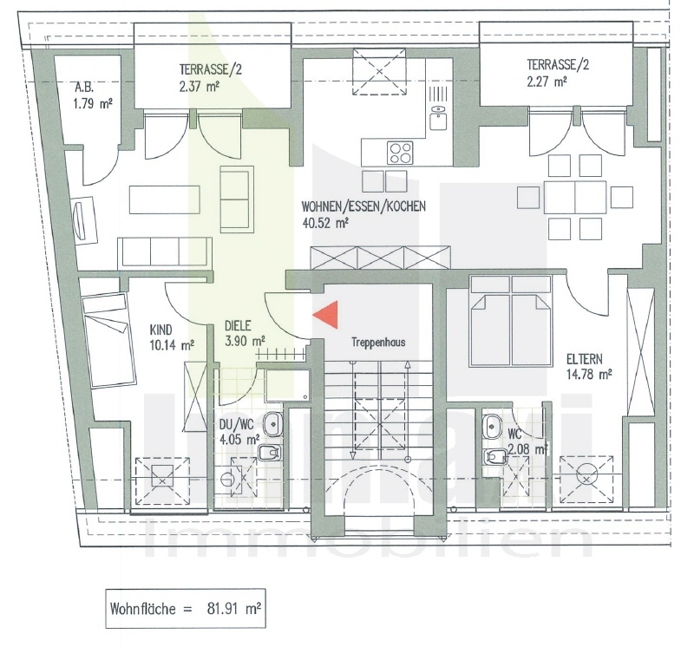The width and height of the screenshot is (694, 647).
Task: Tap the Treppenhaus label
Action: click(378, 342)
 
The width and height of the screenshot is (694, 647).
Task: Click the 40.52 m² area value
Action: click(324, 223)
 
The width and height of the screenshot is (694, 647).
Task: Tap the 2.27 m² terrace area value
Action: click(546, 82)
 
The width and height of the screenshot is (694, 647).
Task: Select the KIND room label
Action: click(161, 330)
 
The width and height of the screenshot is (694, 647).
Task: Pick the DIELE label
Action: click(238, 326)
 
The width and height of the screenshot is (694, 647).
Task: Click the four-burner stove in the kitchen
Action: click(400, 153)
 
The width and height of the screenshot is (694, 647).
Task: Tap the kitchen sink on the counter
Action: click(439, 110)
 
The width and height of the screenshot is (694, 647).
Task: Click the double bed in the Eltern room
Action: click(510, 321)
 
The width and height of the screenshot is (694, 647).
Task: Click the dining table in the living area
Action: click(574, 197)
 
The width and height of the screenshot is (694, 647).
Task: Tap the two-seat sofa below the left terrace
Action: click(237, 193)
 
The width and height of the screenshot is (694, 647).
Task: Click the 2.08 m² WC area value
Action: click(526, 448)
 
